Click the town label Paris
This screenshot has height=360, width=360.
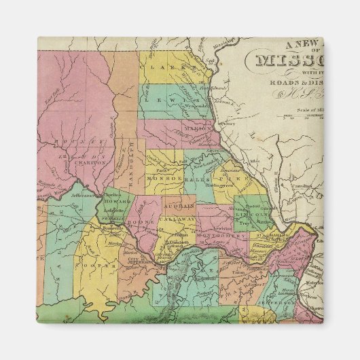click(162, 170)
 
